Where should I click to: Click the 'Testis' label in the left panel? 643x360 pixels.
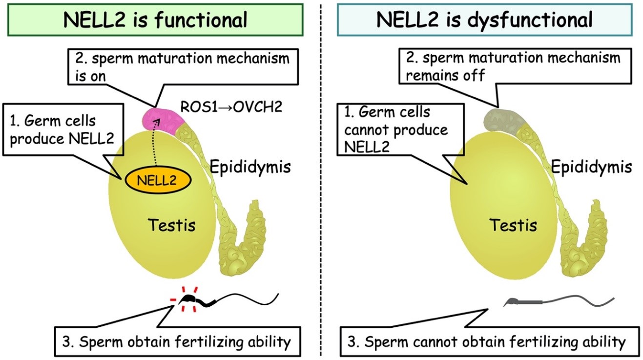pos(171,225)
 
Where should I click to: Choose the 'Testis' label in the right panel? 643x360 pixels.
pos(513,225)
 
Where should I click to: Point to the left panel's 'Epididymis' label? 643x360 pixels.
pos(250,167)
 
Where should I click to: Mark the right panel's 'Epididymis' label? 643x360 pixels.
pos(591,167)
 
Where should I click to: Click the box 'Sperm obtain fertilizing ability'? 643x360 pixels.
pos(184,341)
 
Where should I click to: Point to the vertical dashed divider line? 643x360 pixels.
pos(321,195)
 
